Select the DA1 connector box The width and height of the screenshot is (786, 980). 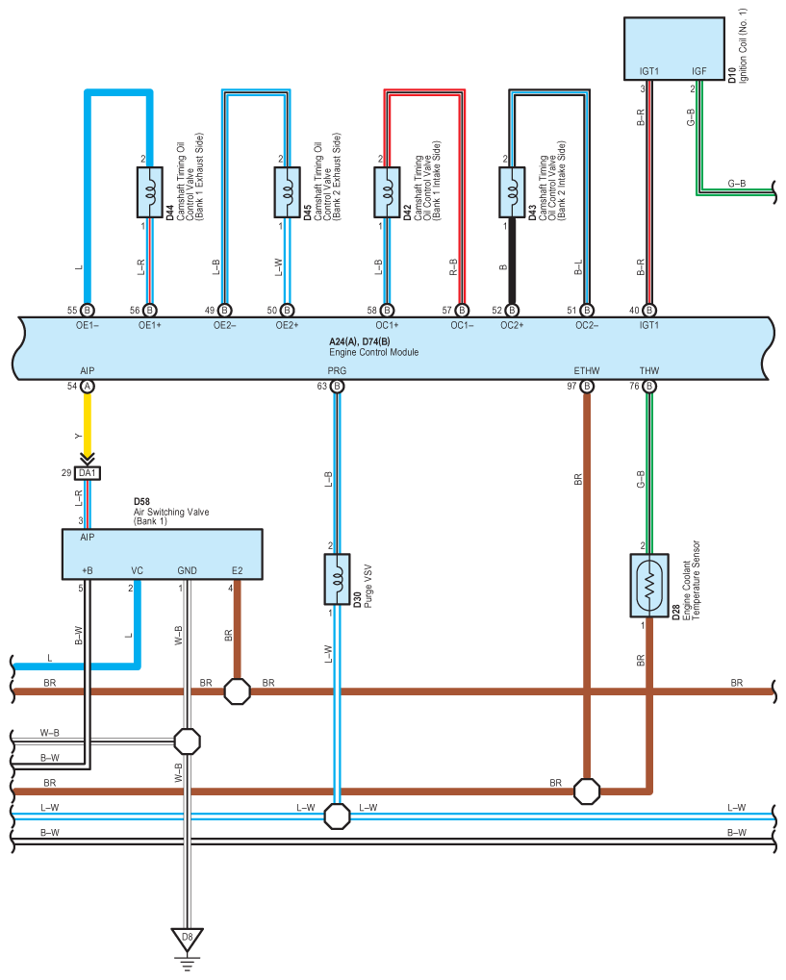tap(87, 473)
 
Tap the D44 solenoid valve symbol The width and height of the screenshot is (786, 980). tap(149, 192)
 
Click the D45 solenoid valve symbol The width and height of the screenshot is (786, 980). tap(287, 192)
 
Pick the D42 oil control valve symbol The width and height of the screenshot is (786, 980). tap(387, 192)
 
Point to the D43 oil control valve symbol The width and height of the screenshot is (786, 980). tap(512, 192)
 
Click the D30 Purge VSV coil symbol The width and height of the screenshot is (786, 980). tap(337, 579)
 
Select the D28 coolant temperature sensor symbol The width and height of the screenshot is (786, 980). tap(649, 586)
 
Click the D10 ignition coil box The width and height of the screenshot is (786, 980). tap(674, 49)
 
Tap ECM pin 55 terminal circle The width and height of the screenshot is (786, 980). tap(87, 310)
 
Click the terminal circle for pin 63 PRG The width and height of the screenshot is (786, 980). tap(337, 387)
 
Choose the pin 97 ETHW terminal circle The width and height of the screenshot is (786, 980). tap(587, 387)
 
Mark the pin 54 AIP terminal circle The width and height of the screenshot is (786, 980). tap(87, 387)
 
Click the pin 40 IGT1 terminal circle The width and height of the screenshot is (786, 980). tap(649, 310)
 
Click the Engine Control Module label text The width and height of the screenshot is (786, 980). tap(374, 353)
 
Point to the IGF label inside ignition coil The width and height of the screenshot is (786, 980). tap(699, 71)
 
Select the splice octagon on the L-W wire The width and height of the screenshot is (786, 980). tap(337, 817)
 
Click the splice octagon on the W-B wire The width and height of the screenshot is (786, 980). tap(187, 741)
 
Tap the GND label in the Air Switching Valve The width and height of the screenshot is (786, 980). tap(187, 570)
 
